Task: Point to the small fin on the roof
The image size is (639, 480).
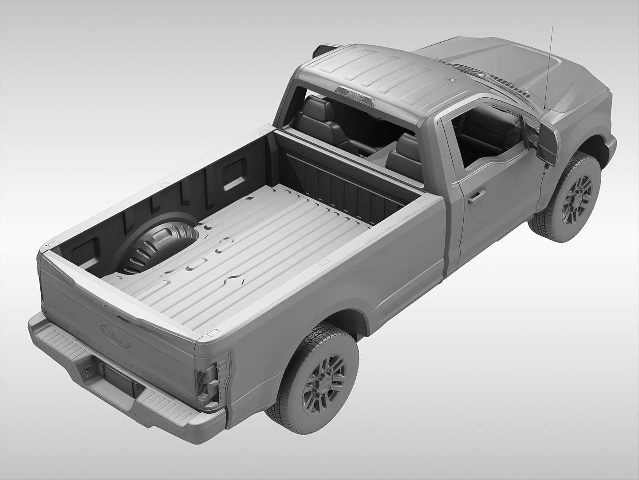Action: [x=452, y=80]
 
